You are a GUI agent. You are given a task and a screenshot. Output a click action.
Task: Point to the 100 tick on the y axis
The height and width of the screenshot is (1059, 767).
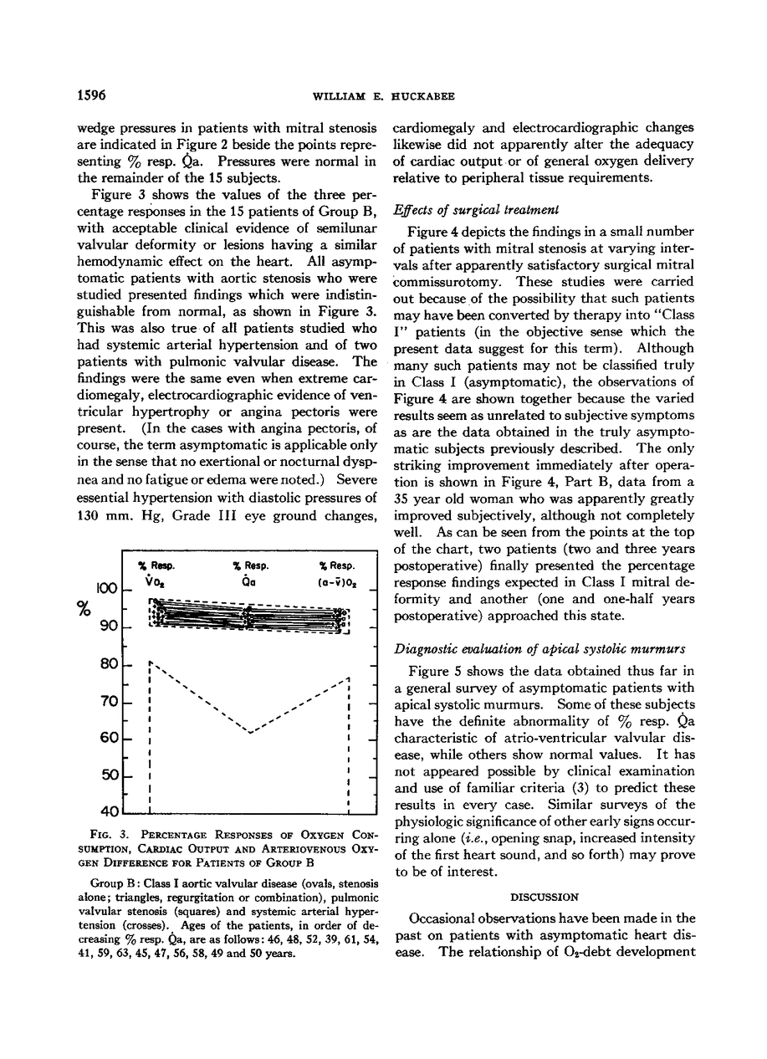pos(105,589)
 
